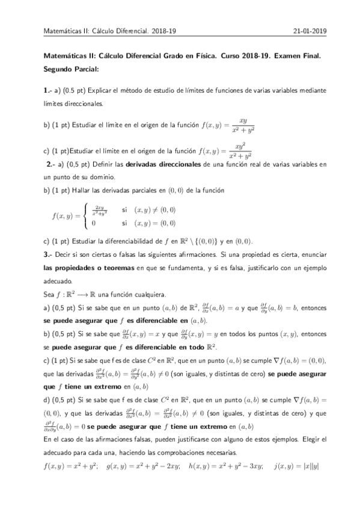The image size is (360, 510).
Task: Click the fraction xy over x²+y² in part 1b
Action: click(243, 128)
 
